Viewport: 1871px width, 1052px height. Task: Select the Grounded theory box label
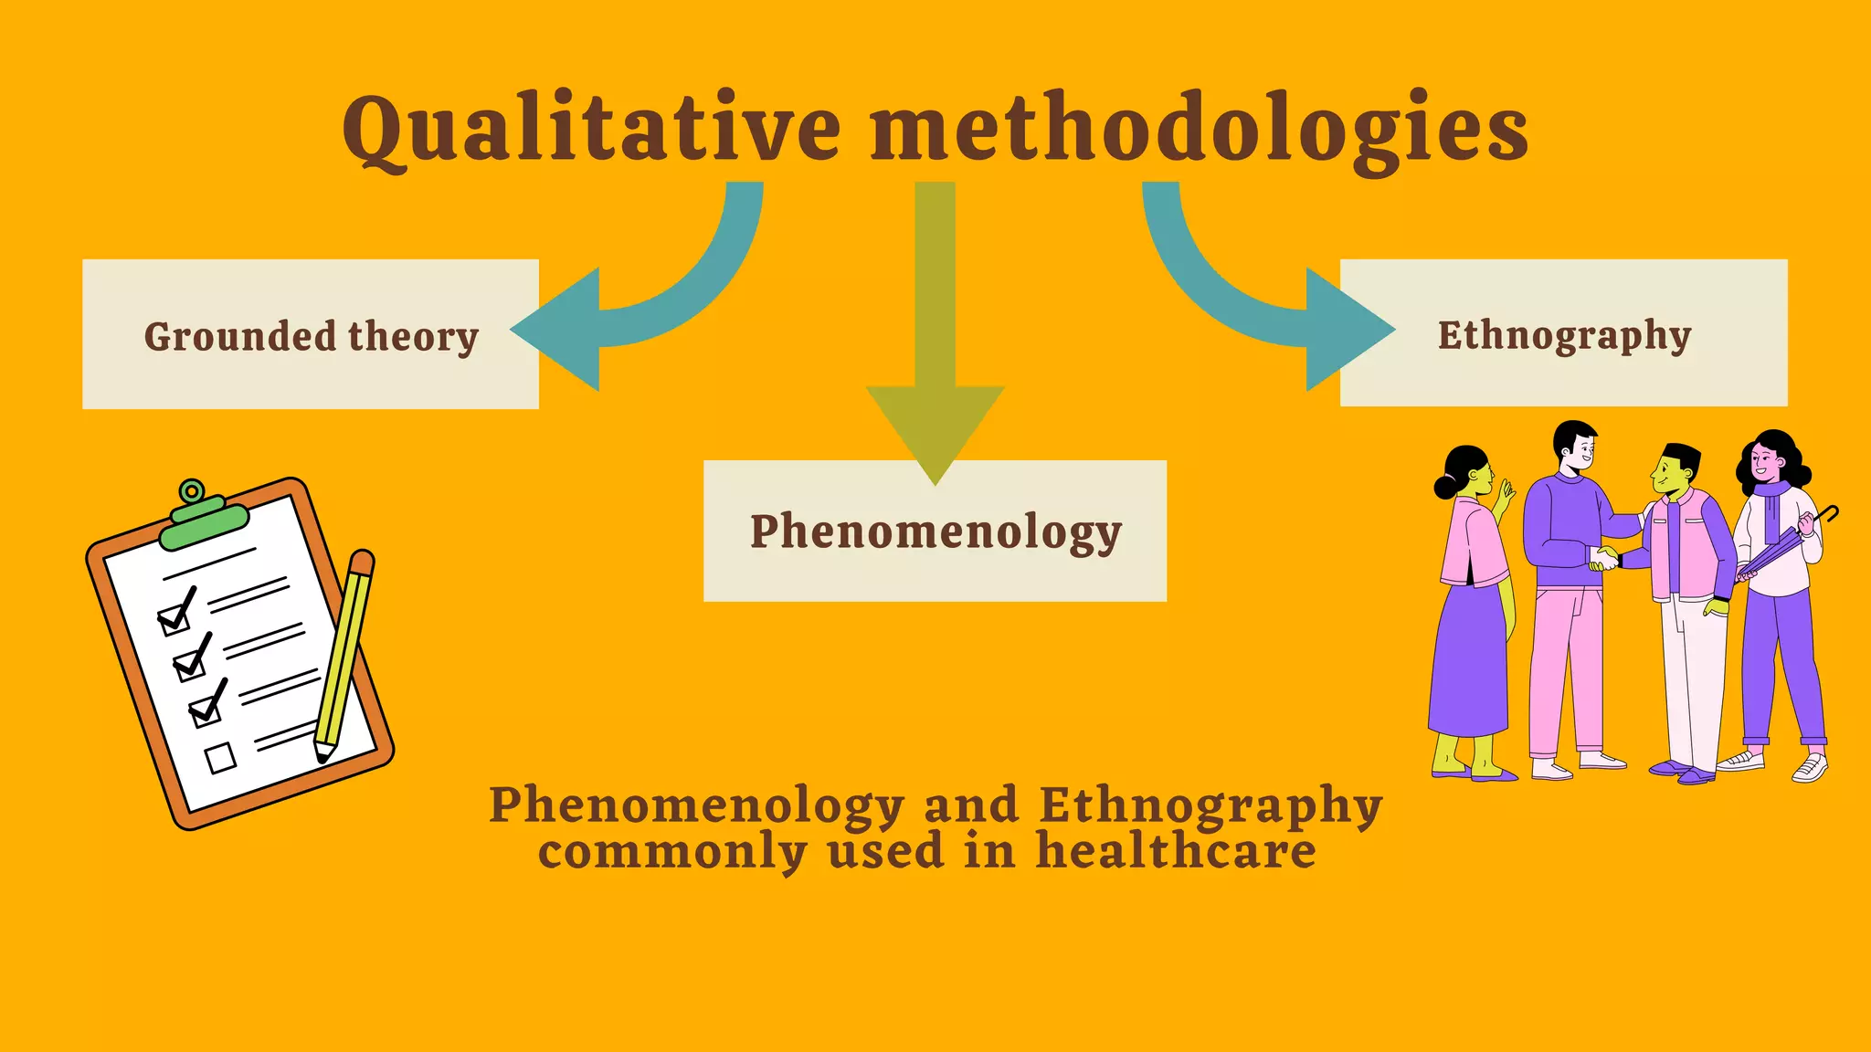(x=311, y=336)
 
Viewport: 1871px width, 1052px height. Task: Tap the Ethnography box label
(x=1564, y=335)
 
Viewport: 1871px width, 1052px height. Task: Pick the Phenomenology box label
(x=935, y=531)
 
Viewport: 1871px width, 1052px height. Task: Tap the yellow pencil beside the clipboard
(x=343, y=657)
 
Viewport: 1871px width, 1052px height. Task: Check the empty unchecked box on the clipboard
(x=220, y=757)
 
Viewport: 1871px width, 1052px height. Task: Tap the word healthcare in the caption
(x=1176, y=851)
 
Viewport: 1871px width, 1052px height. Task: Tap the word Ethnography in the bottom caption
(x=1210, y=806)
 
